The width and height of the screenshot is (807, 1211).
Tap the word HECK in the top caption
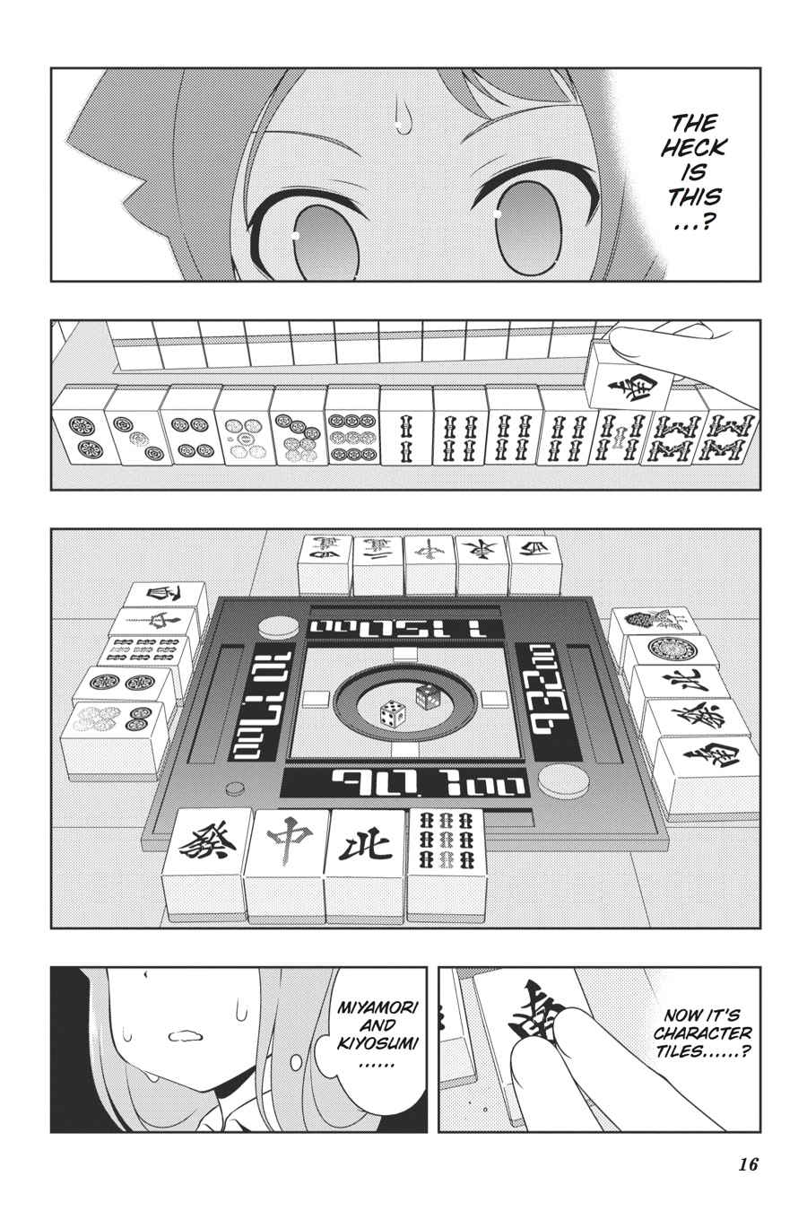(693, 147)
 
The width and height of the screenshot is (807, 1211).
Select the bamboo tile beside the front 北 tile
(445, 841)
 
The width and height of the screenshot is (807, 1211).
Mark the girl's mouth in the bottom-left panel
(187, 1035)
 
